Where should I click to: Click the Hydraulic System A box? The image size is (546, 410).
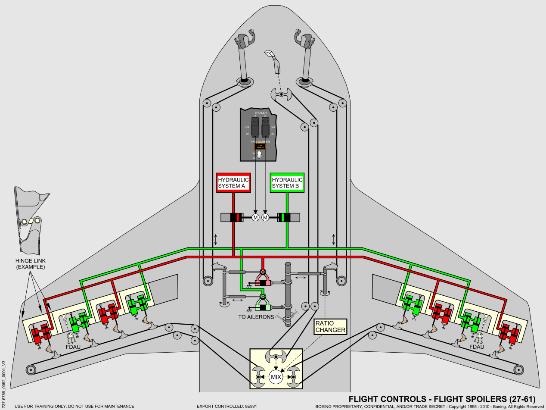coord(233,183)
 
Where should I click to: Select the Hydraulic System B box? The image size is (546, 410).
coord(287,183)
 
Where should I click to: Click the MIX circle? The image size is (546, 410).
coord(276,377)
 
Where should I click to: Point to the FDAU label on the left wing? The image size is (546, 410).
coord(74,347)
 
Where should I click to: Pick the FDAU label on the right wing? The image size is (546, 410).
coord(476,347)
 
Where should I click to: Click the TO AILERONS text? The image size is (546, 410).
coord(256,317)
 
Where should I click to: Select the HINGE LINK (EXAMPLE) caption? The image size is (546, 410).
coord(30,264)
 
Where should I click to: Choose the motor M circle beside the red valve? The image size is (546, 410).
coord(255,217)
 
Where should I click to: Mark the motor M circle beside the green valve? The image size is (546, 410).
coord(265,217)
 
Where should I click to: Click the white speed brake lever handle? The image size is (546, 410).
coord(270,54)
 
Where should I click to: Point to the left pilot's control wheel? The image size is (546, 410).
coord(244,41)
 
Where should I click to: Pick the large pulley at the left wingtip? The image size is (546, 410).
coord(31,369)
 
